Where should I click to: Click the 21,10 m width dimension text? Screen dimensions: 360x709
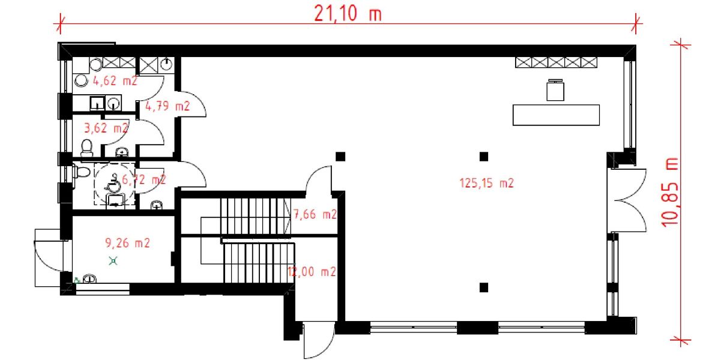348,13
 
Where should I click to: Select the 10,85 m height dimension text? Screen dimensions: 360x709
671,191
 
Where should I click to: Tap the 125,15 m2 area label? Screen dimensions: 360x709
486,184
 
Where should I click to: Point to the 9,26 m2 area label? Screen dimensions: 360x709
127,243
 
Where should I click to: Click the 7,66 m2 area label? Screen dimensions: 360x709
315,214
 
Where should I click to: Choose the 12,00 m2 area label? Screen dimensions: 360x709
312,271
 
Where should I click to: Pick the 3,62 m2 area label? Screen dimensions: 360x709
105,128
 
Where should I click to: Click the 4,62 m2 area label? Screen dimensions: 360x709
115,80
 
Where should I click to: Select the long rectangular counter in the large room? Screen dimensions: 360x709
556,115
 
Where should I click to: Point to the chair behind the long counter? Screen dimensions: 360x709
556,89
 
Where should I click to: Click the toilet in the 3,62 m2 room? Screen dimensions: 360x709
86,146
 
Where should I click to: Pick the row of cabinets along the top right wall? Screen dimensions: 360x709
557,61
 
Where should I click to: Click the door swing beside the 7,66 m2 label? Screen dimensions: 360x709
319,179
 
